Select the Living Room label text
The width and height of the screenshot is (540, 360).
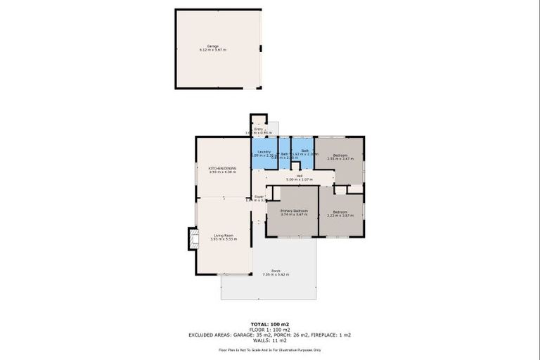pyautogui.click(x=224, y=236)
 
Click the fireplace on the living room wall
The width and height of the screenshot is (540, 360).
pyautogui.click(x=191, y=239)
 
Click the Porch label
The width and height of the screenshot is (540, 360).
pyautogui.click(x=276, y=271)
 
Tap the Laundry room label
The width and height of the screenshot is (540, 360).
pyautogui.click(x=264, y=151)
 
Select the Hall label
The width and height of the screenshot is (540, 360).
pyautogui.click(x=299, y=176)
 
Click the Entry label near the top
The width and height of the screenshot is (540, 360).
pyautogui.click(x=258, y=129)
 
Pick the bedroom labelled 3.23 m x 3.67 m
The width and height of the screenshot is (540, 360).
pyautogui.click(x=340, y=215)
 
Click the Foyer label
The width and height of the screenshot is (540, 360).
pyautogui.click(x=258, y=197)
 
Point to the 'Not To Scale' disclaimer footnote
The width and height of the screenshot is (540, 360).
pyautogui.click(x=270, y=349)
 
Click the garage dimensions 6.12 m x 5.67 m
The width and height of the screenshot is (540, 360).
pyautogui.click(x=212, y=51)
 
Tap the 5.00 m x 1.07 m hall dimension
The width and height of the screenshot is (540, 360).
pyautogui.click(x=299, y=181)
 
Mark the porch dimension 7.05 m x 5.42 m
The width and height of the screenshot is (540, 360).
pyautogui.click(x=276, y=275)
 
